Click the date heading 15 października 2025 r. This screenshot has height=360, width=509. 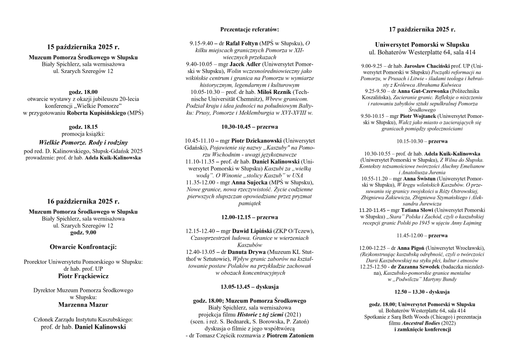pyautogui.click(x=83, y=47)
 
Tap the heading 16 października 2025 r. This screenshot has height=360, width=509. pyautogui.click(x=83, y=201)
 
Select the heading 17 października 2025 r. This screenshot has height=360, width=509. pyautogui.click(x=422, y=30)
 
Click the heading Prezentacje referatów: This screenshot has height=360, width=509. pyautogui.click(x=249, y=29)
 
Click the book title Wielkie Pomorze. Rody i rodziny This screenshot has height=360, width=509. pyautogui.click(x=83, y=142)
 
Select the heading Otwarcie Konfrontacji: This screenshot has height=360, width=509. pyautogui.click(x=83, y=247)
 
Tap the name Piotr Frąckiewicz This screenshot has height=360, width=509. pyautogui.click(x=83, y=275)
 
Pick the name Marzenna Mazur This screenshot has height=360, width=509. pyautogui.click(x=83, y=304)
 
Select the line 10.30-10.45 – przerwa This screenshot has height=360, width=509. pyautogui.click(x=249, y=126)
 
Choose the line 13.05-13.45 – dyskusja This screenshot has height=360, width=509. pyautogui.click(x=249, y=287)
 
